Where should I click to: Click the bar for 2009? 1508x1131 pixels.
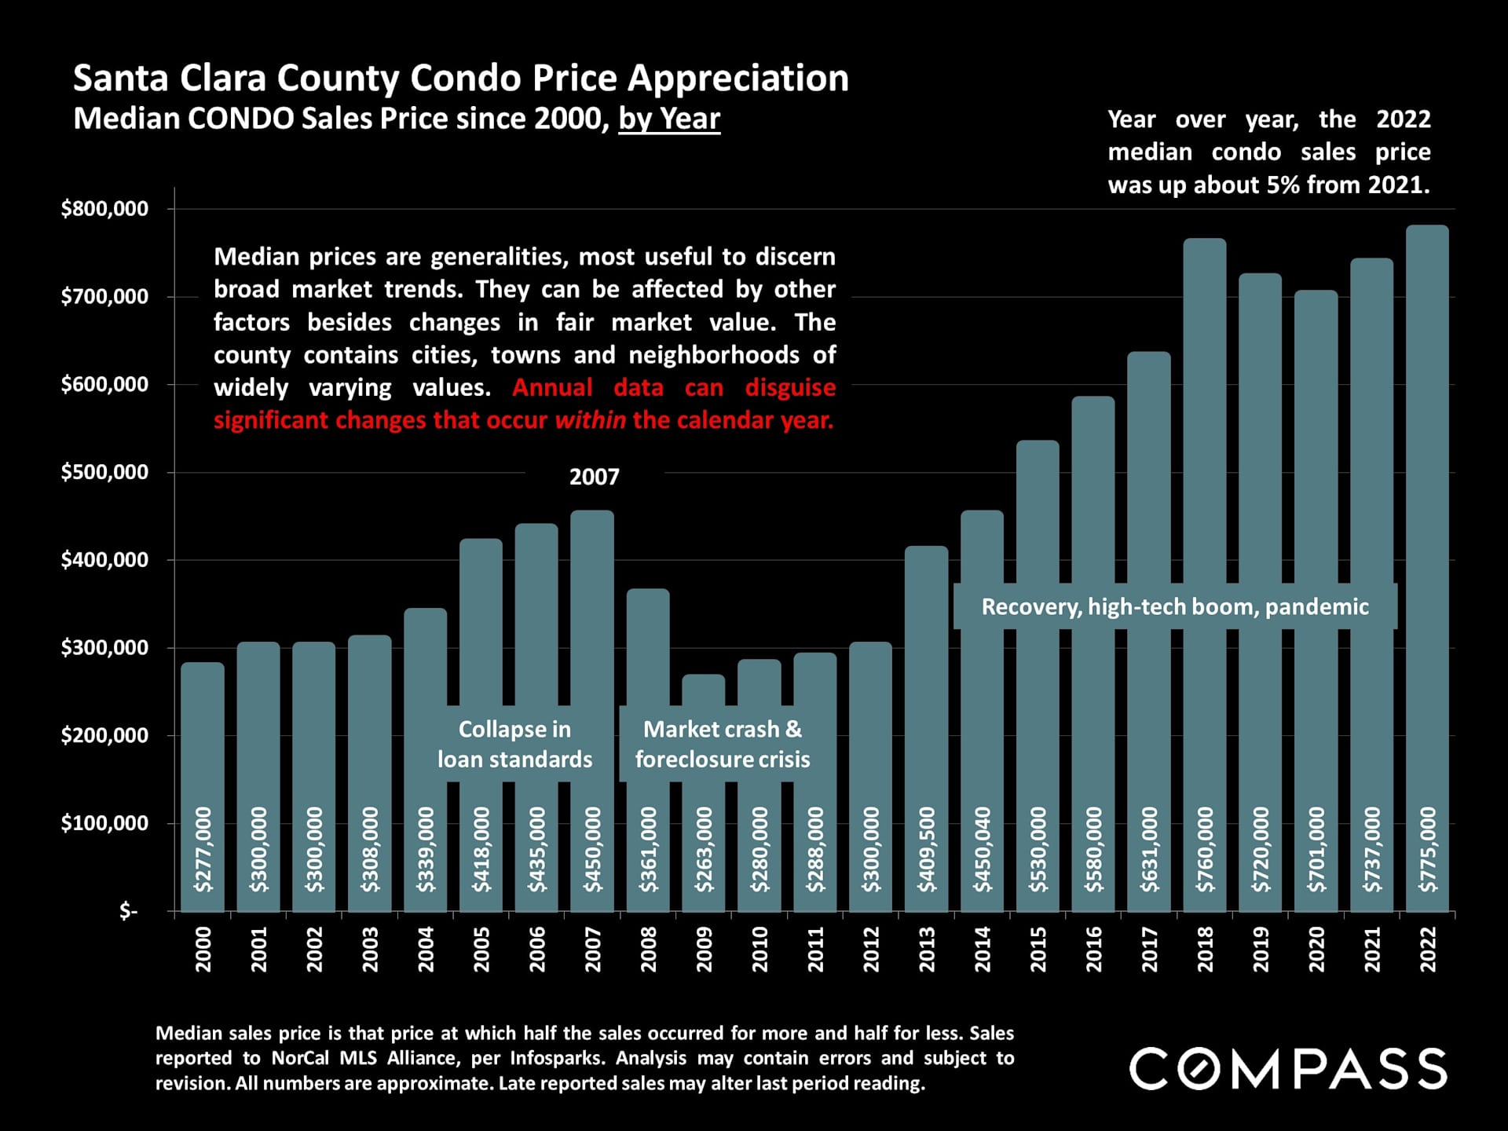[x=704, y=793]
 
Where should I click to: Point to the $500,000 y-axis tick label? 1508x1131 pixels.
[x=104, y=472]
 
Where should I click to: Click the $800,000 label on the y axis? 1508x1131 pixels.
[x=104, y=209]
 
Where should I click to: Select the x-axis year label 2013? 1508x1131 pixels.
[x=927, y=949]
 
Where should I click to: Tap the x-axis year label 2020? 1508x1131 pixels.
[x=1316, y=949]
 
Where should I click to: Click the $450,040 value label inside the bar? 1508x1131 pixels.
[x=983, y=849]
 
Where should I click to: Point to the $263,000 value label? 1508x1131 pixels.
[x=705, y=849]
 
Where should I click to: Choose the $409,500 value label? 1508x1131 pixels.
[x=927, y=849]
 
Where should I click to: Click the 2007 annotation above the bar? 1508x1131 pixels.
[x=594, y=477]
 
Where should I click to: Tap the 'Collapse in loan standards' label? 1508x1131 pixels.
[x=514, y=744]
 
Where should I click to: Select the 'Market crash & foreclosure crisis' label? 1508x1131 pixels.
[x=723, y=744]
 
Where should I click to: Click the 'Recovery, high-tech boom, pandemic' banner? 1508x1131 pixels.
[x=1174, y=606]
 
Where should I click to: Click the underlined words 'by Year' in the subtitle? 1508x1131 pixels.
[x=669, y=119]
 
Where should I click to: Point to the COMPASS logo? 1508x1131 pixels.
[x=1287, y=1068]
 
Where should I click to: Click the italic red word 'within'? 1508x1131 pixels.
[x=590, y=420]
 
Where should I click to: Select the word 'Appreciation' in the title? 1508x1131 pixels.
[x=738, y=79]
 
